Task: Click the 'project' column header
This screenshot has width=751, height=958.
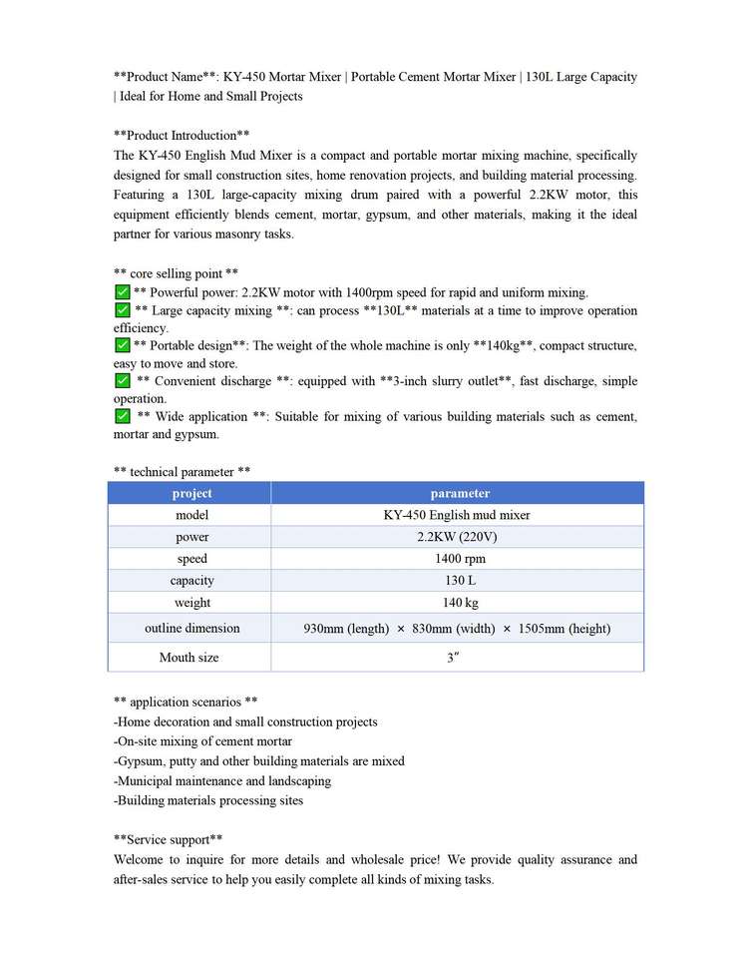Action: point(191,493)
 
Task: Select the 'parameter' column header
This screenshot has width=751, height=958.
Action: point(460,493)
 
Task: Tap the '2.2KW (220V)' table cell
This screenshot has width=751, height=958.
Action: point(457,537)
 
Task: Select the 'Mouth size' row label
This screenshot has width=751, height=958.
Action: point(189,658)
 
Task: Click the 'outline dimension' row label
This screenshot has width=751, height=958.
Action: point(191,629)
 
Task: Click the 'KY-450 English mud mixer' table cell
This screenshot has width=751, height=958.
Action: point(457,515)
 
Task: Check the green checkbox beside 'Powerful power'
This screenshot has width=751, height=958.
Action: point(122,292)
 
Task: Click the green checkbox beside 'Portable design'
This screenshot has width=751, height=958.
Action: point(122,345)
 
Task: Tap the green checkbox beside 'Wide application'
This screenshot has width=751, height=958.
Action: point(122,416)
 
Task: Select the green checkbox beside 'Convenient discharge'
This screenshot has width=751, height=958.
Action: point(122,381)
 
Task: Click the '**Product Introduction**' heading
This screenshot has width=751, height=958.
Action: point(182,135)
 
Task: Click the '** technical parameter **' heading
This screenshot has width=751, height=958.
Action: point(182,471)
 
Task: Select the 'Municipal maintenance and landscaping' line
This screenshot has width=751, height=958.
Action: point(222,780)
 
